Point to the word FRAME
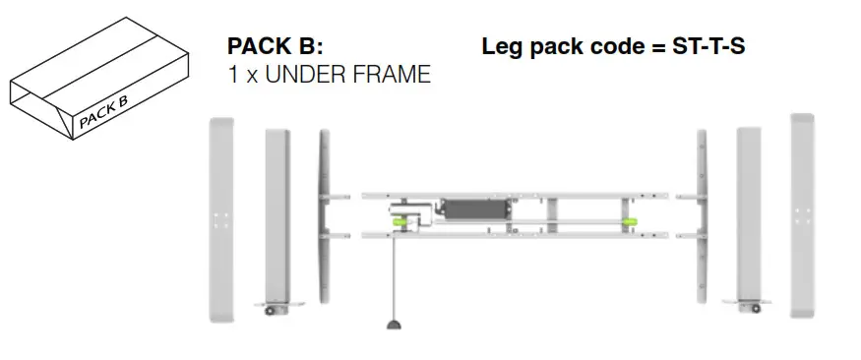[393, 75]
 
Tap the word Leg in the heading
[502, 46]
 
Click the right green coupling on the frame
[628, 221]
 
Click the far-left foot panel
[221, 218]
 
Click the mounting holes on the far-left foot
[221, 218]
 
